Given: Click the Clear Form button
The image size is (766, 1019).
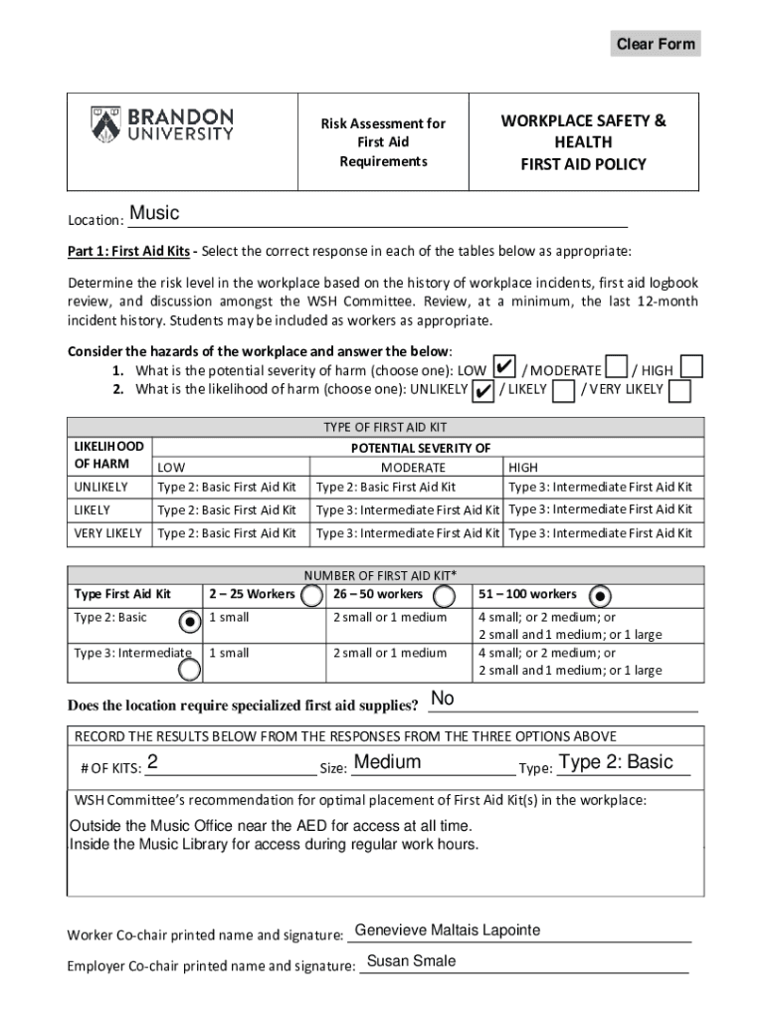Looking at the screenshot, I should tap(655, 44).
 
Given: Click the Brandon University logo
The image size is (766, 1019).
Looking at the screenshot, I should tap(162, 125).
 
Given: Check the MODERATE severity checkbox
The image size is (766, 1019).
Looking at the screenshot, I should tap(616, 368).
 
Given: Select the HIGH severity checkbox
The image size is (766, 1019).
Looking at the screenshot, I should tap(691, 367).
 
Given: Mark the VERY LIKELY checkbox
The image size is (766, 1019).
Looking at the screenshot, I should tap(679, 390).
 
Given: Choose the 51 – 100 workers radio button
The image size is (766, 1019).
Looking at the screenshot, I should tap(600, 595).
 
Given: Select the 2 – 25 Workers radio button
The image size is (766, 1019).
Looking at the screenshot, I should tap(311, 595).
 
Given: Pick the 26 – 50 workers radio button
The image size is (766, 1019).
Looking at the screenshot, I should tap(445, 595).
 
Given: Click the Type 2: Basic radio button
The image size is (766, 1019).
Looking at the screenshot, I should tap(188, 622).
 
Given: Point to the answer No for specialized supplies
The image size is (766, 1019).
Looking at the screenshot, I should tap(443, 700).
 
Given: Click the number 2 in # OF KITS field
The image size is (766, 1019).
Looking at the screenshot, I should tap(152, 763).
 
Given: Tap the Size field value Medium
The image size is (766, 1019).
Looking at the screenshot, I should tap(387, 763).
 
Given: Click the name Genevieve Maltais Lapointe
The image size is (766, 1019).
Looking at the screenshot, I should tap(448, 930).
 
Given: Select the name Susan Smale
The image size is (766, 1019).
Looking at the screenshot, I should tap(412, 961).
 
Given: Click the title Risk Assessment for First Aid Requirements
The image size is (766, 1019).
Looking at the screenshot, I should tap(383, 142).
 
